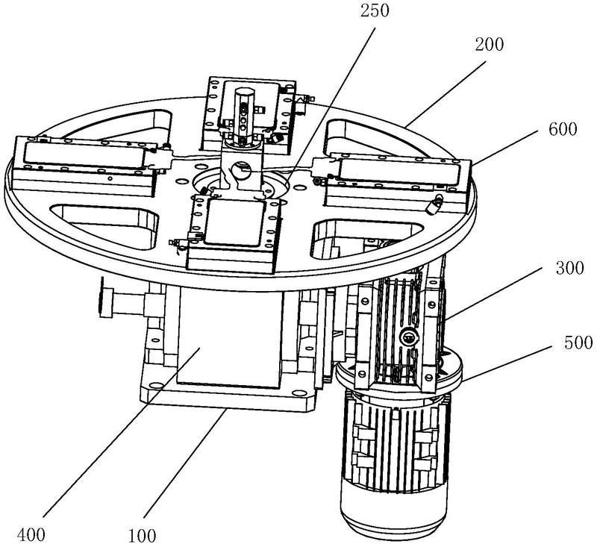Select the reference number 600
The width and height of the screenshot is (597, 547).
[561, 129]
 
